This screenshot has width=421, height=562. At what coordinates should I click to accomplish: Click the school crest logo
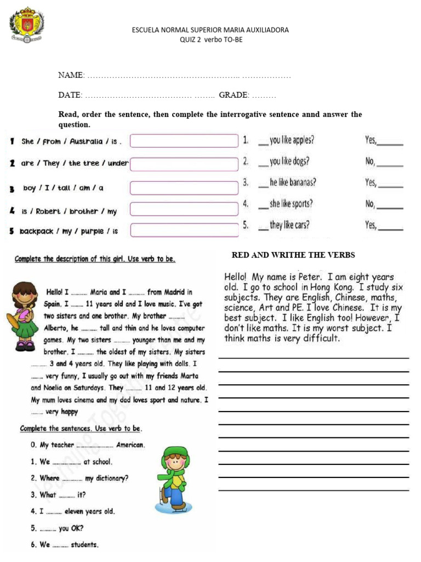[x=26, y=25]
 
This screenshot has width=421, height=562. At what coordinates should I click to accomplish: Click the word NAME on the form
[x=71, y=75]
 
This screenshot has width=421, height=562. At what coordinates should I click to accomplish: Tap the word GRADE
[x=234, y=95]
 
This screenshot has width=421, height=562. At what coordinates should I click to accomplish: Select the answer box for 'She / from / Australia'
[x=184, y=141]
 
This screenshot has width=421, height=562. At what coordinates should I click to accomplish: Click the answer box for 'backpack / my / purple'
[x=184, y=230]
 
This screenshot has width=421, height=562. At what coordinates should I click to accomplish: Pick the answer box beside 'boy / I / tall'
[x=184, y=188]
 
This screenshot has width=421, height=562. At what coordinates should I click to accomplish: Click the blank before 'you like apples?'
[x=263, y=141]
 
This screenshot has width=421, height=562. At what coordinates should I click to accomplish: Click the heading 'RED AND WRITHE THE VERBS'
[x=293, y=255]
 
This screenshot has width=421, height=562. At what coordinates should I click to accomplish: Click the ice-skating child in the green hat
[x=173, y=479]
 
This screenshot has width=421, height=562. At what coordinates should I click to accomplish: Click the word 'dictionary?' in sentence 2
[x=112, y=478]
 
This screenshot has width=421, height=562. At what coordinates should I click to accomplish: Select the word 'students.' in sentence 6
[x=85, y=545]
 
